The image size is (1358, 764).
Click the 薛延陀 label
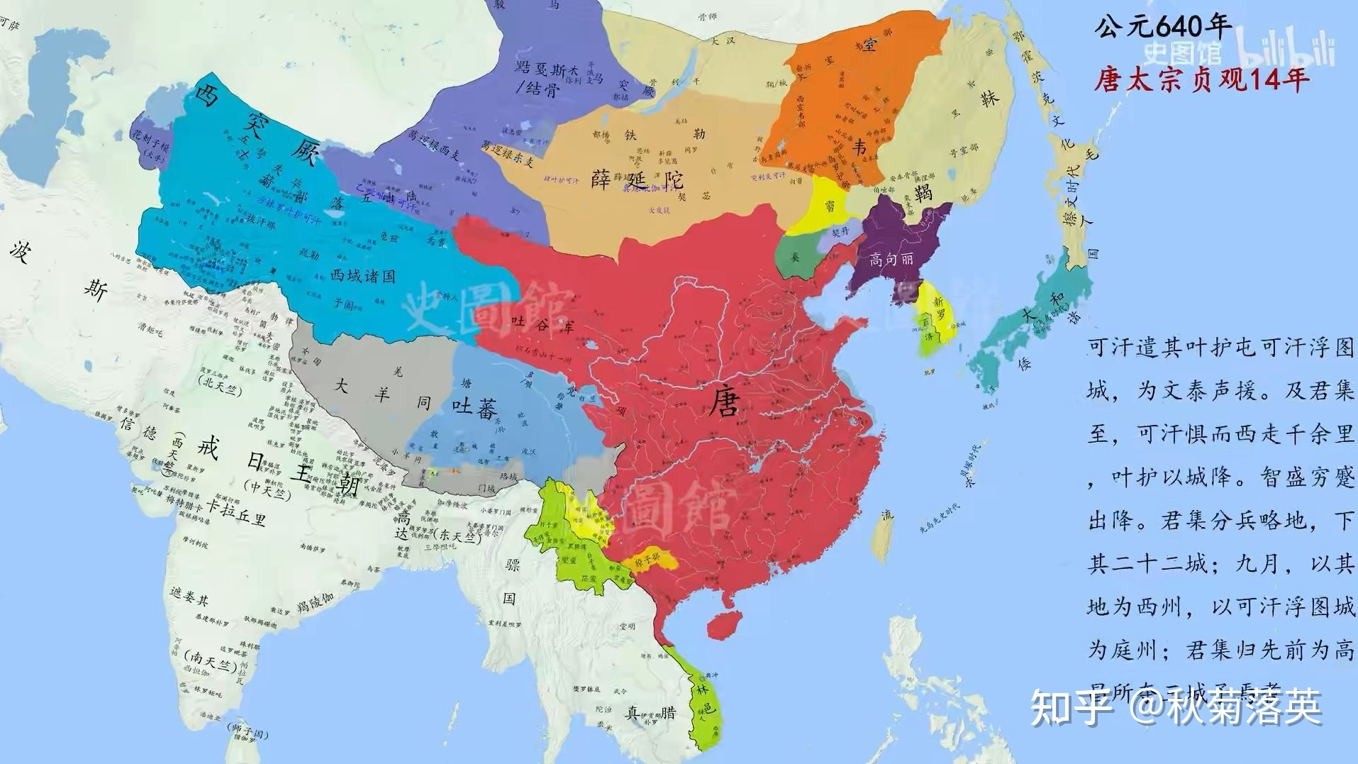627,177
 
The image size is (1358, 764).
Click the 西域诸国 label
363,276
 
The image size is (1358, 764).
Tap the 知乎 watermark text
1071,705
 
